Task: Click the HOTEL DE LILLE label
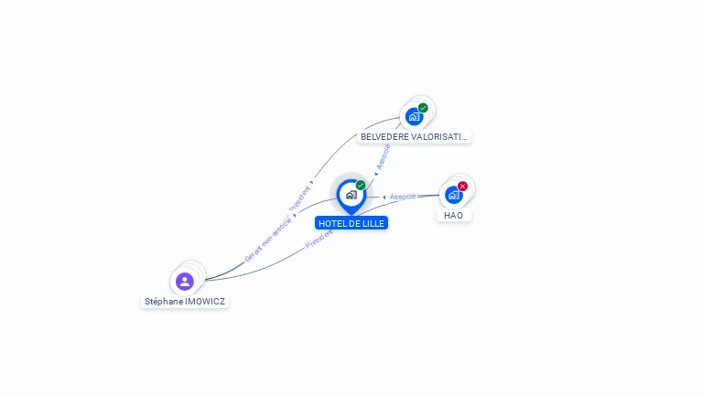pyautogui.click(x=351, y=223)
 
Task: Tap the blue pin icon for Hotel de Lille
pyautogui.click(x=351, y=195)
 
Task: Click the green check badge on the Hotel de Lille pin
pyautogui.click(x=361, y=186)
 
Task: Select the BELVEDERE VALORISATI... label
pyautogui.click(x=414, y=136)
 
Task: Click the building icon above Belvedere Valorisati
pyautogui.click(x=414, y=116)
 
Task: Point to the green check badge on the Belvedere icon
pyautogui.click(x=423, y=108)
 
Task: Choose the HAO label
pyautogui.click(x=454, y=215)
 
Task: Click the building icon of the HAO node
pyautogui.click(x=453, y=195)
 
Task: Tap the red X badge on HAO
pyautogui.click(x=462, y=187)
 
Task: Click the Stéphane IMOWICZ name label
pyautogui.click(x=185, y=301)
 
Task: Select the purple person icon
pyautogui.click(x=185, y=281)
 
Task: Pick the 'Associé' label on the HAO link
pyautogui.click(x=403, y=197)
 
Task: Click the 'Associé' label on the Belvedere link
pyautogui.click(x=383, y=156)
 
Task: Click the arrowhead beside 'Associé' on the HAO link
pyautogui.click(x=384, y=197)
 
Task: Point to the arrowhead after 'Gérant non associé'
pyautogui.click(x=295, y=215)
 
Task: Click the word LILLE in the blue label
pyautogui.click(x=372, y=223)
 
